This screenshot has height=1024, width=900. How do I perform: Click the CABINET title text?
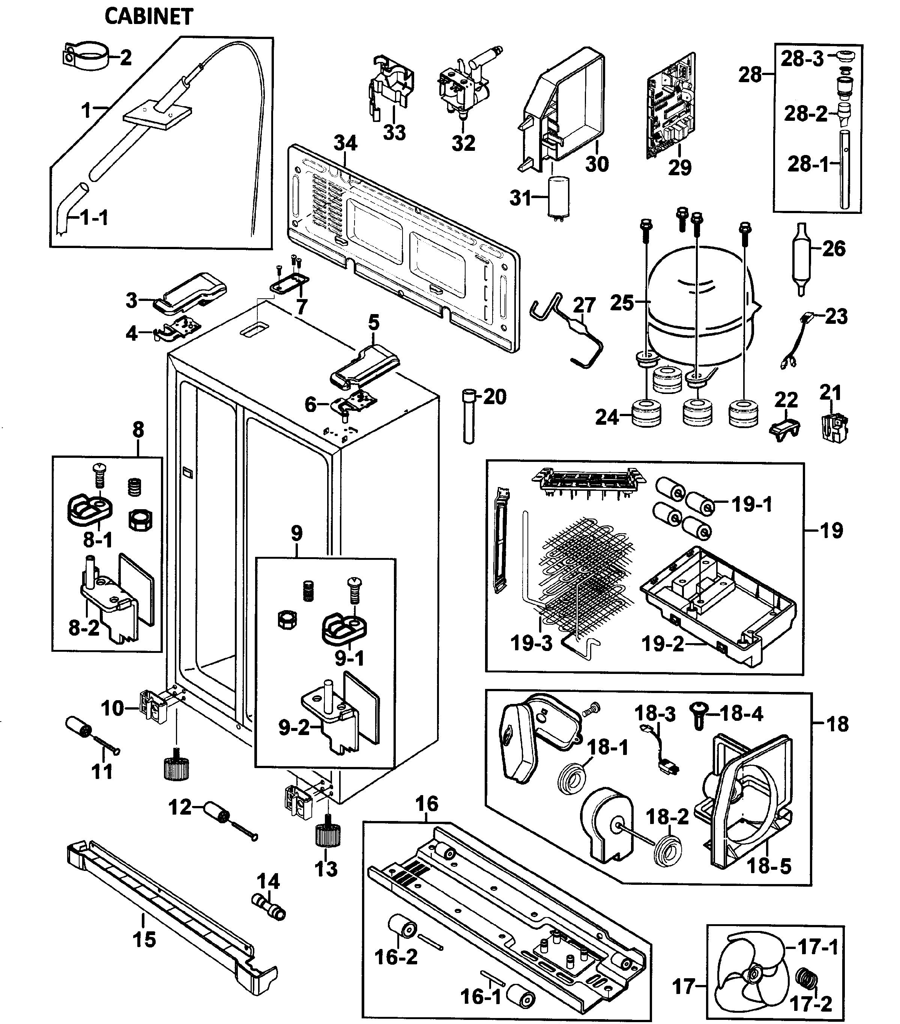click(x=148, y=17)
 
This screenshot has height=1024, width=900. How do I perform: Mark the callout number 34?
click(x=346, y=144)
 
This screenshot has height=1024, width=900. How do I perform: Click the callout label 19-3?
click(x=531, y=643)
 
